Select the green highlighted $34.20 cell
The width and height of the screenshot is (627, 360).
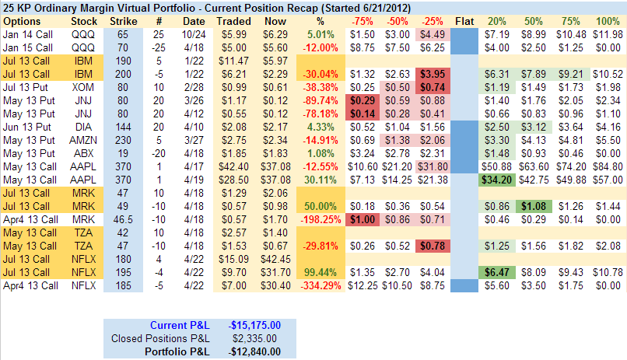pos(496,180)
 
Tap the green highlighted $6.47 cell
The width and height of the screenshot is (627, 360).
pos(496,272)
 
